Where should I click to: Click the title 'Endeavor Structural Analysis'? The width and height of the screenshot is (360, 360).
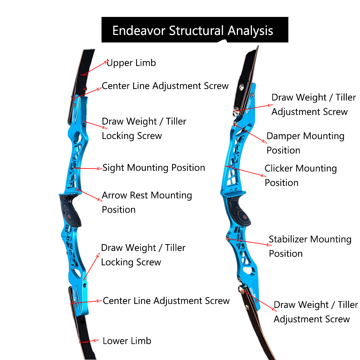(x=193, y=31)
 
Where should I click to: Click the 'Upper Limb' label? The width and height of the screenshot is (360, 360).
(x=131, y=63)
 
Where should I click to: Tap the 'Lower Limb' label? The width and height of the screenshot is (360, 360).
(x=127, y=341)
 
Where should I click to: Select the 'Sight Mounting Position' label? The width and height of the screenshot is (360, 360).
(x=154, y=168)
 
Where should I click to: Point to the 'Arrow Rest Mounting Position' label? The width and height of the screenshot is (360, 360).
(x=147, y=202)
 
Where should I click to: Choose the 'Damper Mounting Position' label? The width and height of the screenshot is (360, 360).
(x=305, y=143)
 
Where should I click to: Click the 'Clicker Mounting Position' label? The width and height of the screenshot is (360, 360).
(x=301, y=175)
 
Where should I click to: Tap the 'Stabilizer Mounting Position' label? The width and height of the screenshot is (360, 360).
(x=310, y=246)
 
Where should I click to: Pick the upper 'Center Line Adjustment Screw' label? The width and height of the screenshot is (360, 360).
(x=165, y=86)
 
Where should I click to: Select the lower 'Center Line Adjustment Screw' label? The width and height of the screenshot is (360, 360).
(x=166, y=301)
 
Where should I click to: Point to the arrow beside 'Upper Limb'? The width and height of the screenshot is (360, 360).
(x=94, y=67)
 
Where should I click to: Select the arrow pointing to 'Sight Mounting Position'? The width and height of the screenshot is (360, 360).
(x=88, y=168)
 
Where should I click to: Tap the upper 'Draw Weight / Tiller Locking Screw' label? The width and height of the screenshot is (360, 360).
(x=144, y=129)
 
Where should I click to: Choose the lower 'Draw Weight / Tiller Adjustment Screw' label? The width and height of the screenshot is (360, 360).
(x=315, y=312)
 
